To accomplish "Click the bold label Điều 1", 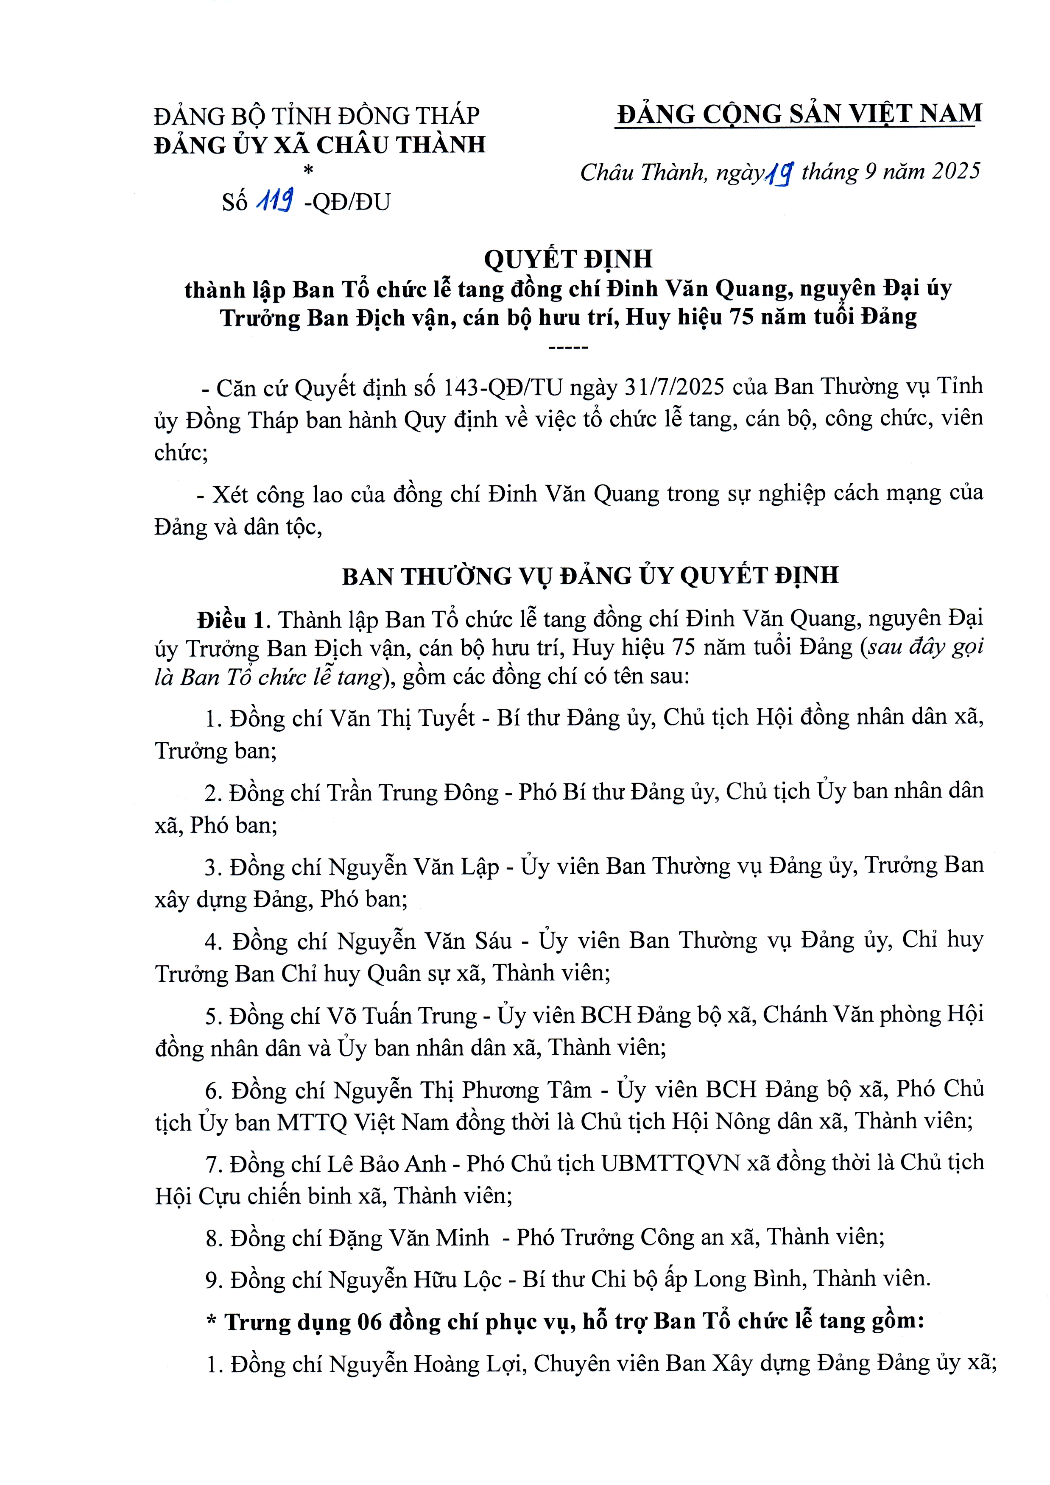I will pos(231,620).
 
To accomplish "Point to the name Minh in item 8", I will pos(462,1237).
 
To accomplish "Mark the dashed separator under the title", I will pos(568,348).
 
